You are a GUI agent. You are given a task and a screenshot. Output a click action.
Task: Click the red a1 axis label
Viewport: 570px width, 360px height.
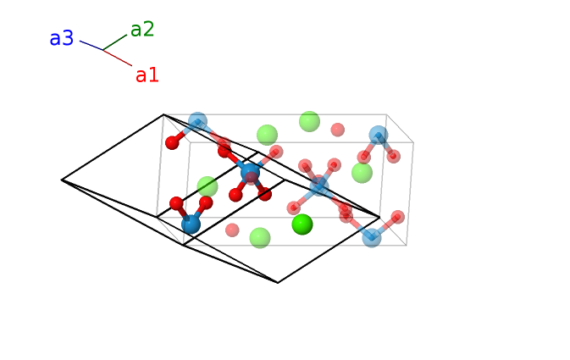[147, 75]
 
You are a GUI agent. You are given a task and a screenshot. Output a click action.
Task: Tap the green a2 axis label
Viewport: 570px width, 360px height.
[142, 30]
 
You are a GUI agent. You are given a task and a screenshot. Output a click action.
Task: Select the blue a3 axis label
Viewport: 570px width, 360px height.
[62, 39]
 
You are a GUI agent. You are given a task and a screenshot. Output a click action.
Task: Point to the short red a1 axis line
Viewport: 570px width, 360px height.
[118, 58]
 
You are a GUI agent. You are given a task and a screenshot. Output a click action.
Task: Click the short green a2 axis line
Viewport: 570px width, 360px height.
[114, 42]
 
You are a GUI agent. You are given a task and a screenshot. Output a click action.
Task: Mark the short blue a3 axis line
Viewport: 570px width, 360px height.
[91, 45]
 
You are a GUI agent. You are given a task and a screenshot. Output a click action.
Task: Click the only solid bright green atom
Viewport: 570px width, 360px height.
[302, 224]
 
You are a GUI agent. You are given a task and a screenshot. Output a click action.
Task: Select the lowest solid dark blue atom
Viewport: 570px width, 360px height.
[191, 224]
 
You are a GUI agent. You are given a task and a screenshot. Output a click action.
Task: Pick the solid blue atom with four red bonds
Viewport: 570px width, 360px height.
[250, 173]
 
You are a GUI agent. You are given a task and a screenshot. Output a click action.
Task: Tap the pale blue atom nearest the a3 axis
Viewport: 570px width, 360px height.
[197, 122]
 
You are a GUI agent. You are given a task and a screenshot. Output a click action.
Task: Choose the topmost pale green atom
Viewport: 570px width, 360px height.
[310, 121]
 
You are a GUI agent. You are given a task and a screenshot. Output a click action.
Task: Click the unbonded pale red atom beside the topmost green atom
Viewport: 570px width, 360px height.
[338, 130]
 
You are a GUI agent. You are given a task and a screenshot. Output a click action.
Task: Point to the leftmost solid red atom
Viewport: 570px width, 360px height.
[172, 142]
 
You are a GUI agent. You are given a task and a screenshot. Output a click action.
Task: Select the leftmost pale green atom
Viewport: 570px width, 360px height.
[208, 186]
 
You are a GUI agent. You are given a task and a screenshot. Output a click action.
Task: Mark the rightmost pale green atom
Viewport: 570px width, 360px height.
[362, 173]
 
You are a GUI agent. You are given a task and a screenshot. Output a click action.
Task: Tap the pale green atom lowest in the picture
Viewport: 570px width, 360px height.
[260, 238]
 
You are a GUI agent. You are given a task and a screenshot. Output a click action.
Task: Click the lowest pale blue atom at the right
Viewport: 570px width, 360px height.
[372, 237]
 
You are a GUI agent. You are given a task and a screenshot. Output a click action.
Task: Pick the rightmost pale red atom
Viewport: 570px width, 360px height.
[397, 217]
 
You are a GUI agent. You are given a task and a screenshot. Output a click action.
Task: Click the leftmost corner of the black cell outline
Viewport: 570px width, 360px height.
[62, 180]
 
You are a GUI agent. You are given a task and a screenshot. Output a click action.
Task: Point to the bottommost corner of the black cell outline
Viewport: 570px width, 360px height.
[278, 283]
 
